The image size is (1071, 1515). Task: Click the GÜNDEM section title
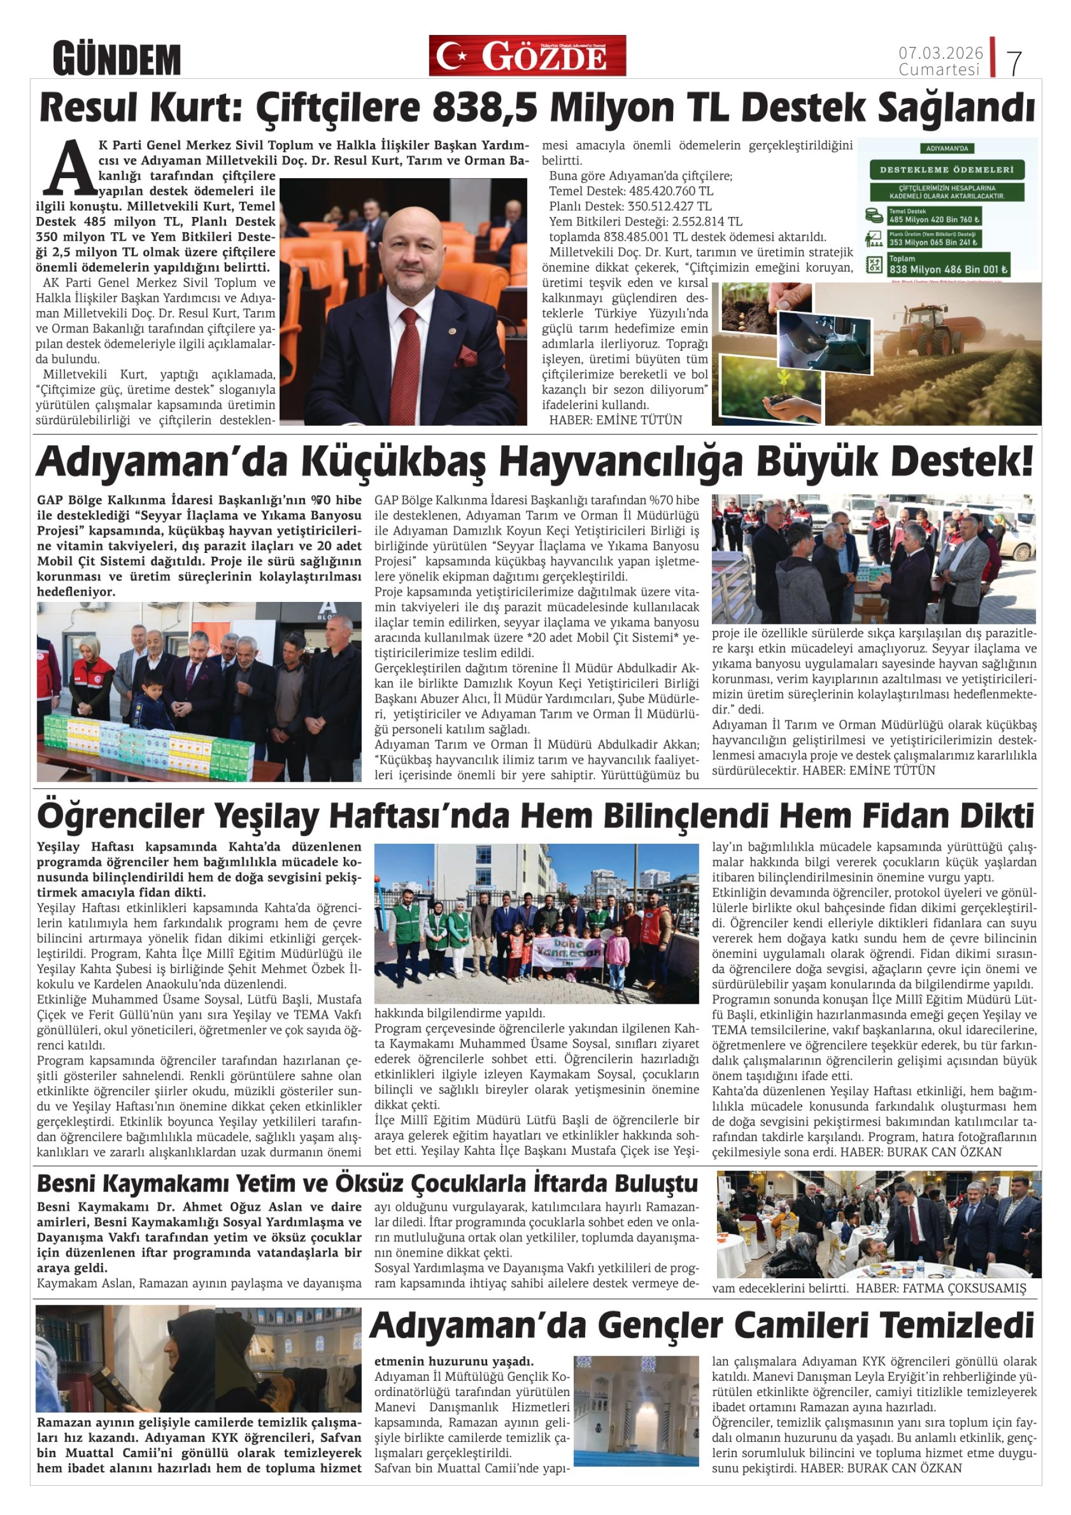(x=117, y=59)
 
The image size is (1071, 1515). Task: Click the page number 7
(x=1014, y=63)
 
